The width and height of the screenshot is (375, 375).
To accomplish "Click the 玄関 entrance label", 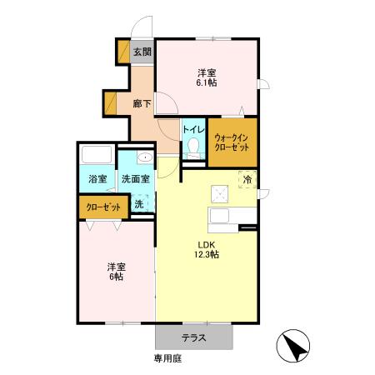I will (x=142, y=52).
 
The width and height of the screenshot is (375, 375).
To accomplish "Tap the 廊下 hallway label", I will (x=142, y=104).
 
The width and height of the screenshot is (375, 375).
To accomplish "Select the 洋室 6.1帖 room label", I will (x=207, y=77).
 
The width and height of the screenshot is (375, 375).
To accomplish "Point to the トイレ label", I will (x=193, y=130).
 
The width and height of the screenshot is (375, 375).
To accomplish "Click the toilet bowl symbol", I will (x=194, y=148).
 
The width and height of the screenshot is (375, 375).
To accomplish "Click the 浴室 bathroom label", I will (x=97, y=178).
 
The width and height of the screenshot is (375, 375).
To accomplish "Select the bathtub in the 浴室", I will (x=97, y=156).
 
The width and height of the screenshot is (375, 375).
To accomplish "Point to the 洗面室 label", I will (x=135, y=178).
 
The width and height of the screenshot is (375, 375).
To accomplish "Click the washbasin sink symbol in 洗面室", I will (x=145, y=157).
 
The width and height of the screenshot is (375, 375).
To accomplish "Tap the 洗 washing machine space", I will (x=139, y=204).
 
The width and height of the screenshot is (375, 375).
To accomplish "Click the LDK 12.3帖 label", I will (x=207, y=249).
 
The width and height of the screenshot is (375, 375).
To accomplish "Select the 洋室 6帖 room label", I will (x=115, y=272).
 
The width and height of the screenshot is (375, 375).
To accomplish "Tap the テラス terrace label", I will (x=194, y=337).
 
